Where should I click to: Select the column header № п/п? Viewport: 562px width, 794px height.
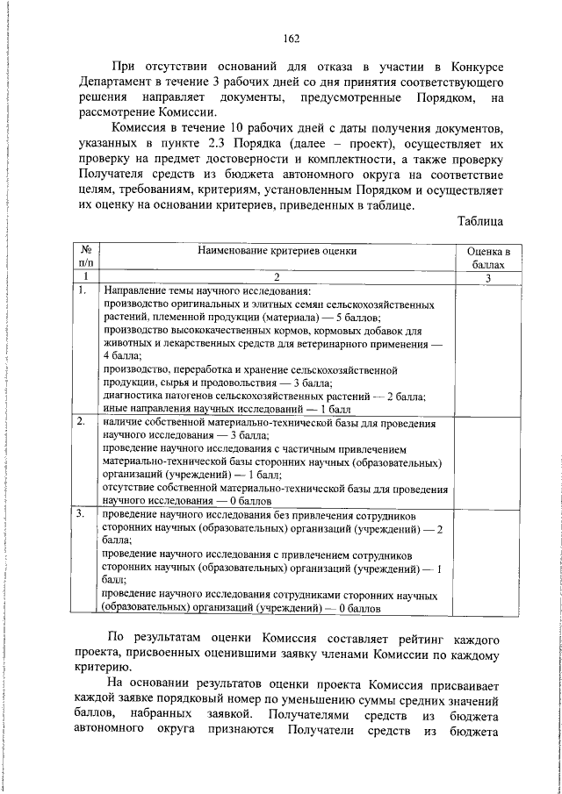pos(86,256)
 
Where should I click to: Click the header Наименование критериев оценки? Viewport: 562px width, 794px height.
pos(277,250)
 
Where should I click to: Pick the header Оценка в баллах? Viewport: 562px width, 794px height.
pos(487,256)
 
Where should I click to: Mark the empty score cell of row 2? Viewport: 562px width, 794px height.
pos(487,461)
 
